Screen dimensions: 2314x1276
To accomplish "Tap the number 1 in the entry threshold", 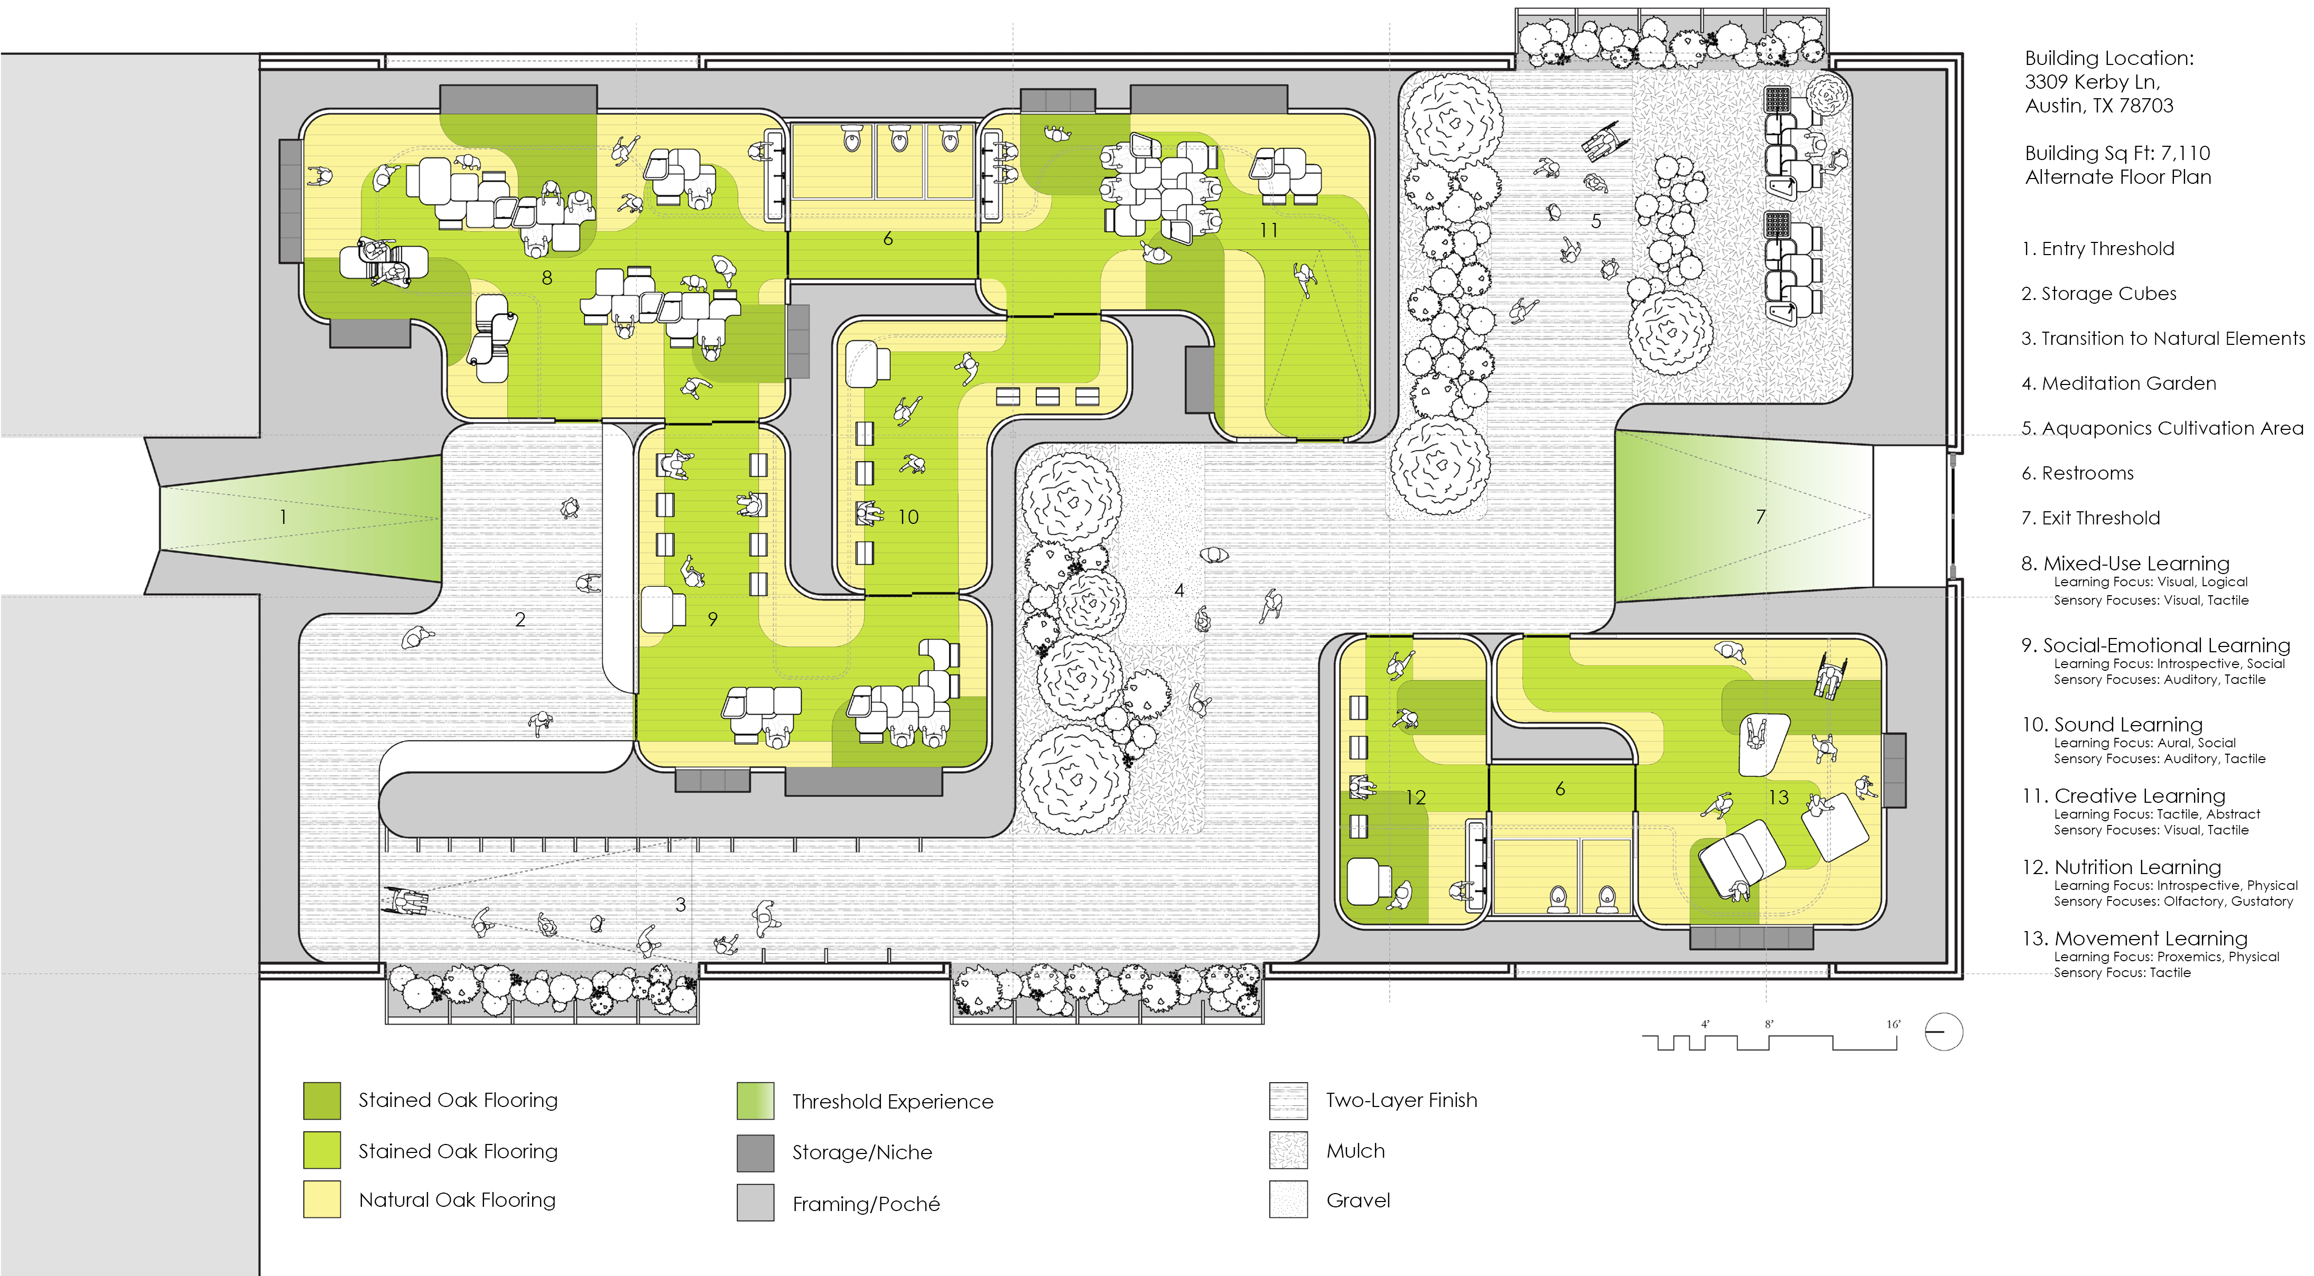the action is [283, 517].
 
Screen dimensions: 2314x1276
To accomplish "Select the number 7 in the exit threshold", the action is [1761, 517].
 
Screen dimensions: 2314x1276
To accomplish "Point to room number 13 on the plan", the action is [1779, 797].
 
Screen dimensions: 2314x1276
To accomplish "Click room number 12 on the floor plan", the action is [1416, 797].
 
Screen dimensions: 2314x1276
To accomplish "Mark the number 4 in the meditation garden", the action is [1179, 590].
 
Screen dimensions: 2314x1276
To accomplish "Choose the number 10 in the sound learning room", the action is [908, 517].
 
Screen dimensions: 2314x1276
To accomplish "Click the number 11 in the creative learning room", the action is [1268, 231].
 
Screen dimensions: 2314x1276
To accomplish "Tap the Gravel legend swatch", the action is [1288, 1199].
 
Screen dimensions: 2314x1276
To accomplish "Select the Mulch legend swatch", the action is [1288, 1150].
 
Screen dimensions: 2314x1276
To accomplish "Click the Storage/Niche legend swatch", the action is [756, 1153].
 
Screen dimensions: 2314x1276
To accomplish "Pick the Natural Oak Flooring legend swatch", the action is [322, 1199].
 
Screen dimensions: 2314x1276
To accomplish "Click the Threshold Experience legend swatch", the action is [756, 1101].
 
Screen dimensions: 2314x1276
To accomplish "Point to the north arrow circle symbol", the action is [1944, 1032].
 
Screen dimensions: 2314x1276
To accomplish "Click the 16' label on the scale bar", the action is [1893, 1025].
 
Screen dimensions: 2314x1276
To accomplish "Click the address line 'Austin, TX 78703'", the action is [2099, 106].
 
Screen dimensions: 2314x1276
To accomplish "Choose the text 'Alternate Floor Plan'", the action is [2118, 177].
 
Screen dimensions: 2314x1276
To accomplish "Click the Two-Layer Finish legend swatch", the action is [1288, 1101].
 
